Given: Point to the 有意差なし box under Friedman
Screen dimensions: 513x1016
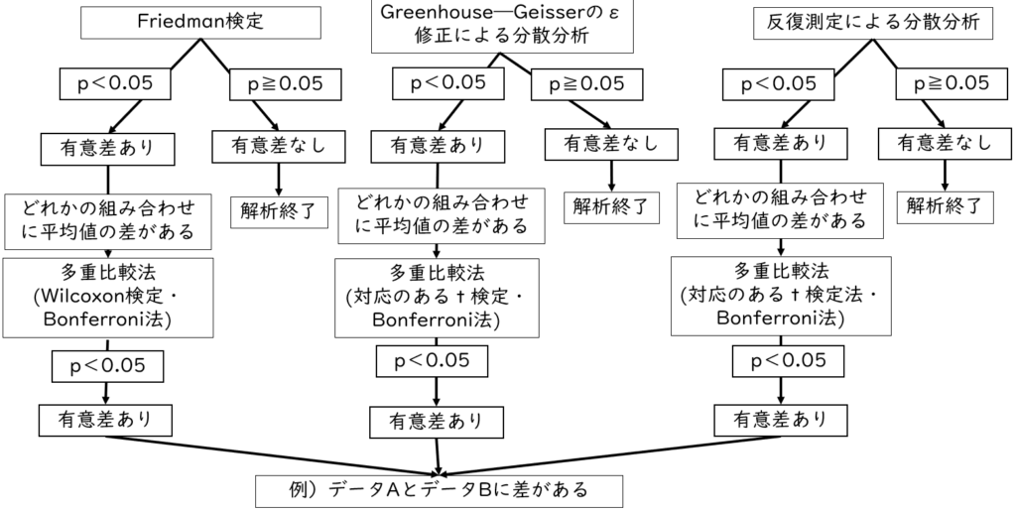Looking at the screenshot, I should (277, 145).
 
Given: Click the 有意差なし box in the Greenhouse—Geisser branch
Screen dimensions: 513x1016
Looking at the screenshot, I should (611, 143).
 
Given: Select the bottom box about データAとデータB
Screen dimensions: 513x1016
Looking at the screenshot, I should (439, 490).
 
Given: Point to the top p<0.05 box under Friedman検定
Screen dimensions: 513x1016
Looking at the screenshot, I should (115, 83).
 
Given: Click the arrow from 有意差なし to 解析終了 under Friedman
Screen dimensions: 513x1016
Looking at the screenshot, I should (280, 178).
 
